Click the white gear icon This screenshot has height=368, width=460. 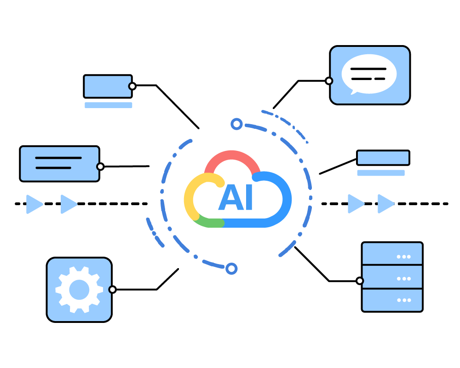(x=79, y=289)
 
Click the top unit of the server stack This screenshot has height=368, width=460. (x=392, y=254)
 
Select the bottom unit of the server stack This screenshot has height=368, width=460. (x=392, y=300)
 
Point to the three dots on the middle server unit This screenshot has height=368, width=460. (x=403, y=278)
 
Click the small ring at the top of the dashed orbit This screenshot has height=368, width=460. (x=236, y=124)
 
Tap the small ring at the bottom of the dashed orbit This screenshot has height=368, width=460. (x=231, y=268)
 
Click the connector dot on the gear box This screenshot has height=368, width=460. (x=112, y=289)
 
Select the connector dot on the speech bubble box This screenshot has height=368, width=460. (x=329, y=81)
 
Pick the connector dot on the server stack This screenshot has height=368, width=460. (x=360, y=281)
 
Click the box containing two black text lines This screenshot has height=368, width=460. (x=59, y=163)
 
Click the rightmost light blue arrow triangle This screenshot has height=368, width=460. (x=385, y=204)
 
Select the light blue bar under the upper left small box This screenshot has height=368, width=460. (x=108, y=105)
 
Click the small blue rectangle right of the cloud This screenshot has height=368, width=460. (x=383, y=158)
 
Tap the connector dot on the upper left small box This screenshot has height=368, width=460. (x=132, y=86)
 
